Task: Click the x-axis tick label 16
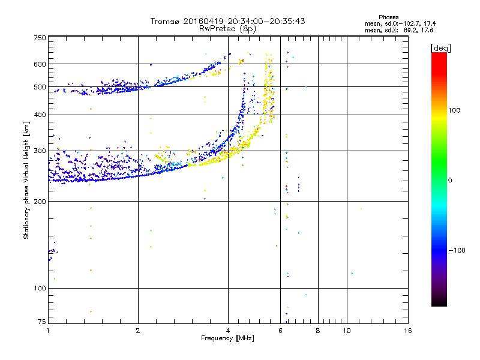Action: [407, 331]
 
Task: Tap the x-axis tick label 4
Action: [228, 331]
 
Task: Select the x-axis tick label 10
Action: [347, 331]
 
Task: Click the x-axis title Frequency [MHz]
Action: [227, 338]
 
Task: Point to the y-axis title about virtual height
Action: [26, 180]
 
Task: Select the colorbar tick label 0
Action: [452, 180]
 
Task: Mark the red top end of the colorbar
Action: [439, 55]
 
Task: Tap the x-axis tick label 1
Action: [48, 331]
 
